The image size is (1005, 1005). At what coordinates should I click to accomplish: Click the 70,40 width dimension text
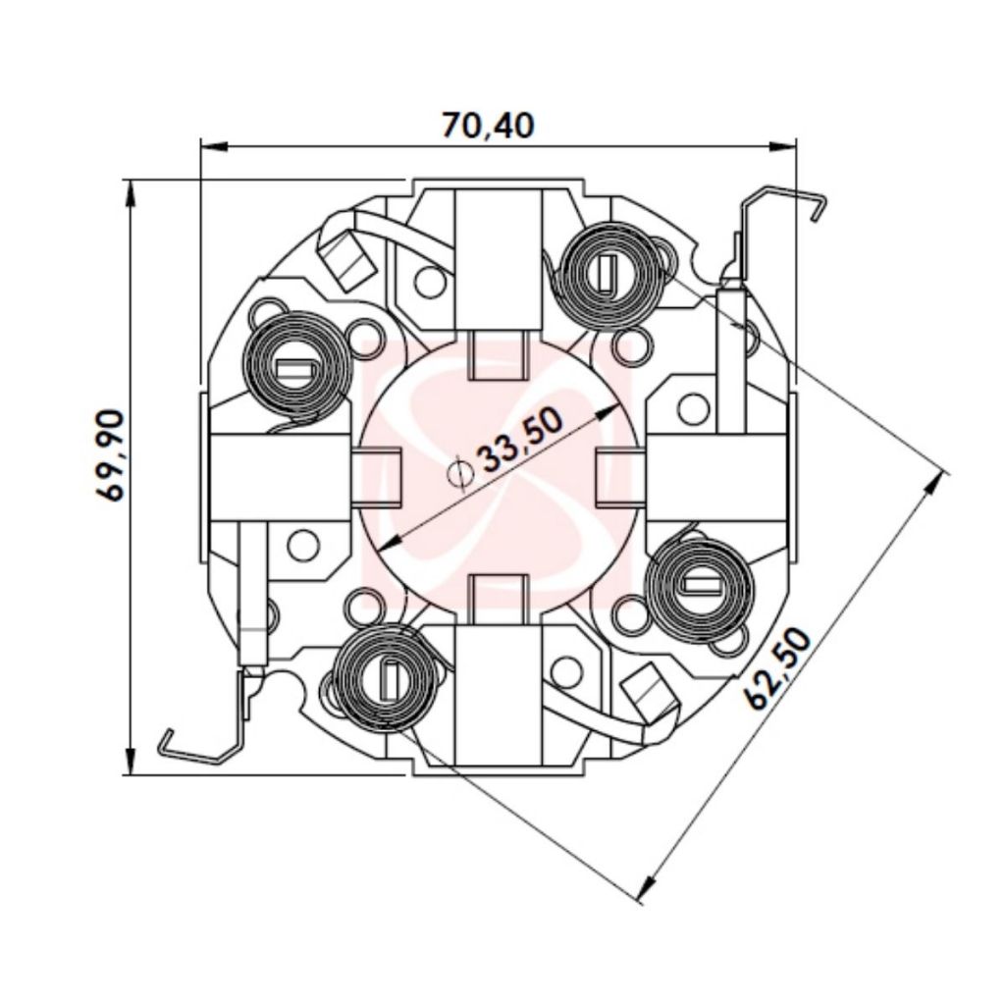(487, 126)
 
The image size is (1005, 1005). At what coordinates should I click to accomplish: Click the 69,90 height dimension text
(110, 457)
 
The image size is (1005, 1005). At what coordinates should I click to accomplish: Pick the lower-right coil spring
(702, 585)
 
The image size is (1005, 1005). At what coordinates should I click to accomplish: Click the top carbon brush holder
(499, 260)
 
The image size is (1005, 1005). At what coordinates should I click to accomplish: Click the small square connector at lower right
(652, 691)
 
